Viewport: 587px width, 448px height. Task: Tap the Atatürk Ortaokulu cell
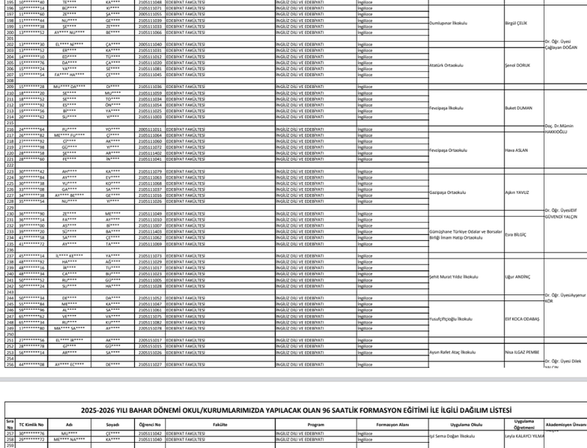[x=448, y=64]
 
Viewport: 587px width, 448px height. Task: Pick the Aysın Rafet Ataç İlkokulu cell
[x=453, y=353]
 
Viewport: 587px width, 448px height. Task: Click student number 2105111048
[x=150, y=2]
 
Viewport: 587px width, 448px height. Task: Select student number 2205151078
[x=150, y=328]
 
